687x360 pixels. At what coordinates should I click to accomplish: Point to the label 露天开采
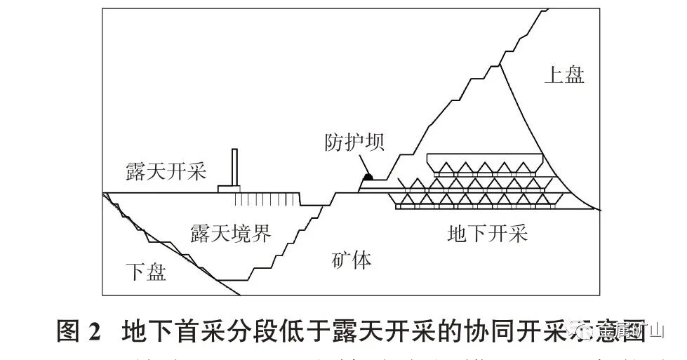coord(166,171)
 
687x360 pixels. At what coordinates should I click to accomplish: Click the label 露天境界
coord(230,234)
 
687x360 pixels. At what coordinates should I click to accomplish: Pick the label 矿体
coord(352,261)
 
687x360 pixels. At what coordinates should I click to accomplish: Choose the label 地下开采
coord(487,234)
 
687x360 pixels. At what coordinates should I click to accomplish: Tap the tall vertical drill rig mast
coord(235,168)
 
